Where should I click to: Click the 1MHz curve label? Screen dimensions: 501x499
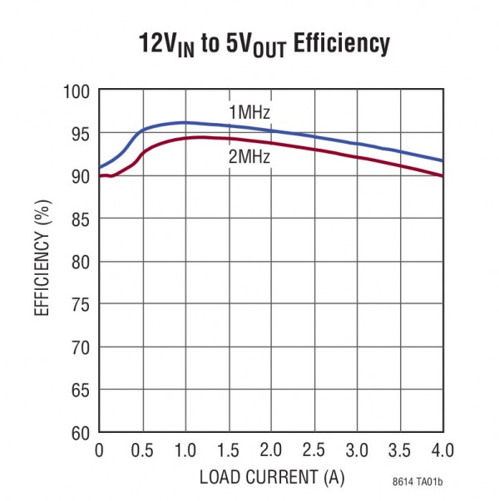tap(249, 113)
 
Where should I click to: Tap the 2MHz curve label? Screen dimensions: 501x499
tap(249, 155)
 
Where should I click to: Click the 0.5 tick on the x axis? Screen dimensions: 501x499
tap(142, 450)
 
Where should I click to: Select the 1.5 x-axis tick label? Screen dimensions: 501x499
tap(228, 450)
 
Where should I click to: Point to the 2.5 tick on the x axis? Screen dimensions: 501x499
tap(314, 450)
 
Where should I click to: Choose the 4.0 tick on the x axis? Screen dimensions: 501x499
tap(442, 450)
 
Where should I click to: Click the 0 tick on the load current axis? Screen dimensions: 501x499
tap(99, 450)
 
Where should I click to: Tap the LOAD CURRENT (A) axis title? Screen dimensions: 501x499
tap(271, 478)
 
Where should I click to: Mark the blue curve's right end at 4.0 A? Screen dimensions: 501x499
tap(442, 160)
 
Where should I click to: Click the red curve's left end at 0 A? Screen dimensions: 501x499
tap(100, 175)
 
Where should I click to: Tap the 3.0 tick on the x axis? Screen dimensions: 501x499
tap(357, 450)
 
